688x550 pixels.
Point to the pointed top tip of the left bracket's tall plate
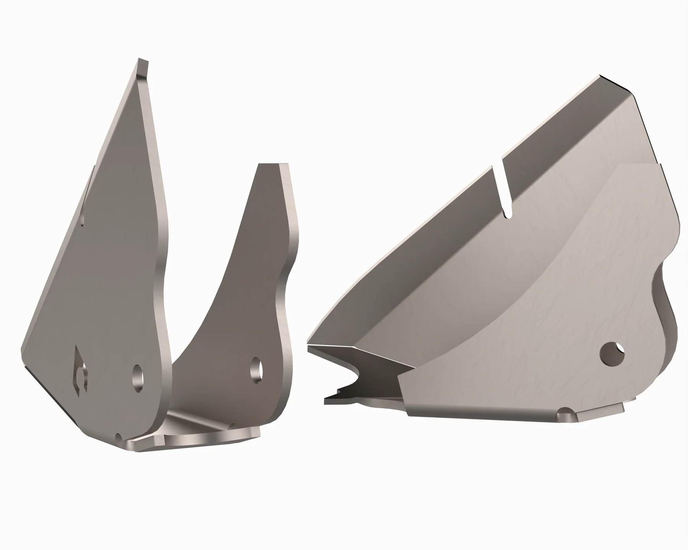tap(142, 63)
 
